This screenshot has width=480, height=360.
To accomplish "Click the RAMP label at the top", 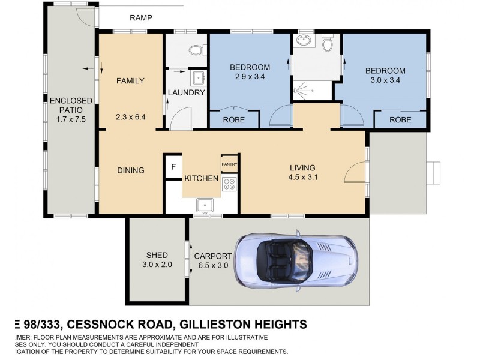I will click(x=141, y=17).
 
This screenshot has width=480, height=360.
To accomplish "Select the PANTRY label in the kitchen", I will click(x=230, y=164).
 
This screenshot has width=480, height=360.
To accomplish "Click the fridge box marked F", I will click(x=173, y=166).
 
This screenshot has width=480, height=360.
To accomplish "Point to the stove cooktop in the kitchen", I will click(x=230, y=185).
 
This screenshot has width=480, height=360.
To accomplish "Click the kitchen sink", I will click(x=205, y=205).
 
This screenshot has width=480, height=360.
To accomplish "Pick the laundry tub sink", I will click(x=199, y=78).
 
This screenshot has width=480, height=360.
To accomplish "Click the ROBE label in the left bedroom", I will click(x=233, y=119).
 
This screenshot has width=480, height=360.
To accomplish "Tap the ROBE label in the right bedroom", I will click(x=400, y=119).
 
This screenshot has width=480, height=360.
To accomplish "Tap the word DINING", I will click(x=130, y=170).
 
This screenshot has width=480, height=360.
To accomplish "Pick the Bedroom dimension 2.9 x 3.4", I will click(x=250, y=77).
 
